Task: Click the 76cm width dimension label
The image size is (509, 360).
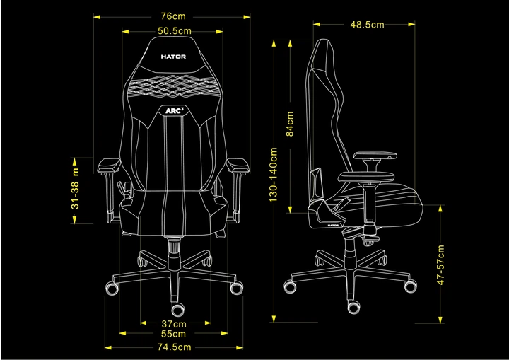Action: coord(173,16)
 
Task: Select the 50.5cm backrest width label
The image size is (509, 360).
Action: coord(174,31)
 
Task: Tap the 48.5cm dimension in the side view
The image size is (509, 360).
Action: coord(366,25)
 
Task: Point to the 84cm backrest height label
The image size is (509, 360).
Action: coord(290,124)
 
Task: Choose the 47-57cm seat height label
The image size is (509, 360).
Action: coord(440,265)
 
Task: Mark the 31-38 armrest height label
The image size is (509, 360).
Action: coord(76,189)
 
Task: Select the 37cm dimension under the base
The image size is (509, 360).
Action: coord(174,323)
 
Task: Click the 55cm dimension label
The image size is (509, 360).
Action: coord(174,333)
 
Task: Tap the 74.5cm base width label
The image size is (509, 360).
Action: coord(174,347)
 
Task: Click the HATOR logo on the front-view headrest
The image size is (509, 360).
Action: coord(173,59)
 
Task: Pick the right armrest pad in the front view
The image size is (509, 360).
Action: coord(238,166)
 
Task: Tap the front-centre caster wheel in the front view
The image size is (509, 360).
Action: coord(177,310)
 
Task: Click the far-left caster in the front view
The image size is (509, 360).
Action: coord(112,289)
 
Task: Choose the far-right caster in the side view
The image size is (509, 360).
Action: coord(411,285)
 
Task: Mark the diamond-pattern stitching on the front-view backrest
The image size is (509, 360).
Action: coord(173,88)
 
